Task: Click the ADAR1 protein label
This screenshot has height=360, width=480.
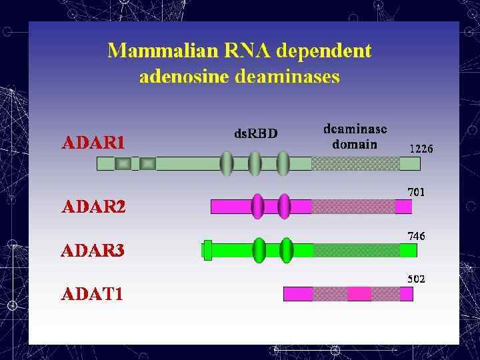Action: tap(93, 143)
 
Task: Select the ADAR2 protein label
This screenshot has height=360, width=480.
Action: tap(93, 207)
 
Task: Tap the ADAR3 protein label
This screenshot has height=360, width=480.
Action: tap(93, 251)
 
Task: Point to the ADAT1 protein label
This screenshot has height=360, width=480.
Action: tap(92, 294)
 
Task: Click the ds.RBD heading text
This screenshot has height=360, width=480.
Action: tap(256, 133)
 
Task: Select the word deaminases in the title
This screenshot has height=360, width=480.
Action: tap(287, 77)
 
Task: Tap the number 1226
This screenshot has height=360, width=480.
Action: tap(421, 149)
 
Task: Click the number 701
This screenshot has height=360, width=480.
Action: tap(417, 192)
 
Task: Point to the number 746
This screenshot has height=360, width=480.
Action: tap(417, 236)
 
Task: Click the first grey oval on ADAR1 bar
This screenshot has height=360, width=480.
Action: tap(227, 163)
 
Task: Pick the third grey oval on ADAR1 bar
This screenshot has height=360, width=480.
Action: tap(283, 163)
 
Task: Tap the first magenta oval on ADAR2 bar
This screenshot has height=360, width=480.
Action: tap(257, 206)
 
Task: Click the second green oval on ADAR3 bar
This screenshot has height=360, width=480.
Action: tap(287, 250)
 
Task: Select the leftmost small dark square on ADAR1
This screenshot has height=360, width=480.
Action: tap(123, 163)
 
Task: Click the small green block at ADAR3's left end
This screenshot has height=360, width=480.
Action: tap(207, 249)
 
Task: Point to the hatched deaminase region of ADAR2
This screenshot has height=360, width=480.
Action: tap(353, 207)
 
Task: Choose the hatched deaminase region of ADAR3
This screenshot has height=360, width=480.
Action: tap(357, 250)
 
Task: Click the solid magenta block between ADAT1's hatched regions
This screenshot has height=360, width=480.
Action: tap(359, 293)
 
